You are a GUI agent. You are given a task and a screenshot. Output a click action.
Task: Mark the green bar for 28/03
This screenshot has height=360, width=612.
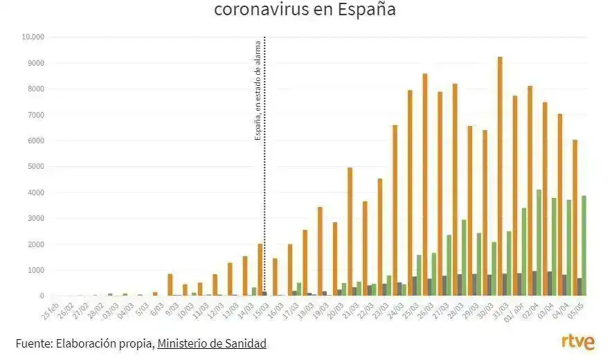[x=464, y=258]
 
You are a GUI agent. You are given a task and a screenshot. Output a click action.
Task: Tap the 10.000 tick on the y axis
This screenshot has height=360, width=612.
[x=33, y=37]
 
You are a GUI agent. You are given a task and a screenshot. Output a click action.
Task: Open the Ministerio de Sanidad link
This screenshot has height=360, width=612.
[x=212, y=343]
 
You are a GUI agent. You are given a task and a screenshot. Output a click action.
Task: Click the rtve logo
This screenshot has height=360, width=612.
[x=577, y=342]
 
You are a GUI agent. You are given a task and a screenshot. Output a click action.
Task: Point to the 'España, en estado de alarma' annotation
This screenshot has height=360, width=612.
[x=258, y=90]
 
